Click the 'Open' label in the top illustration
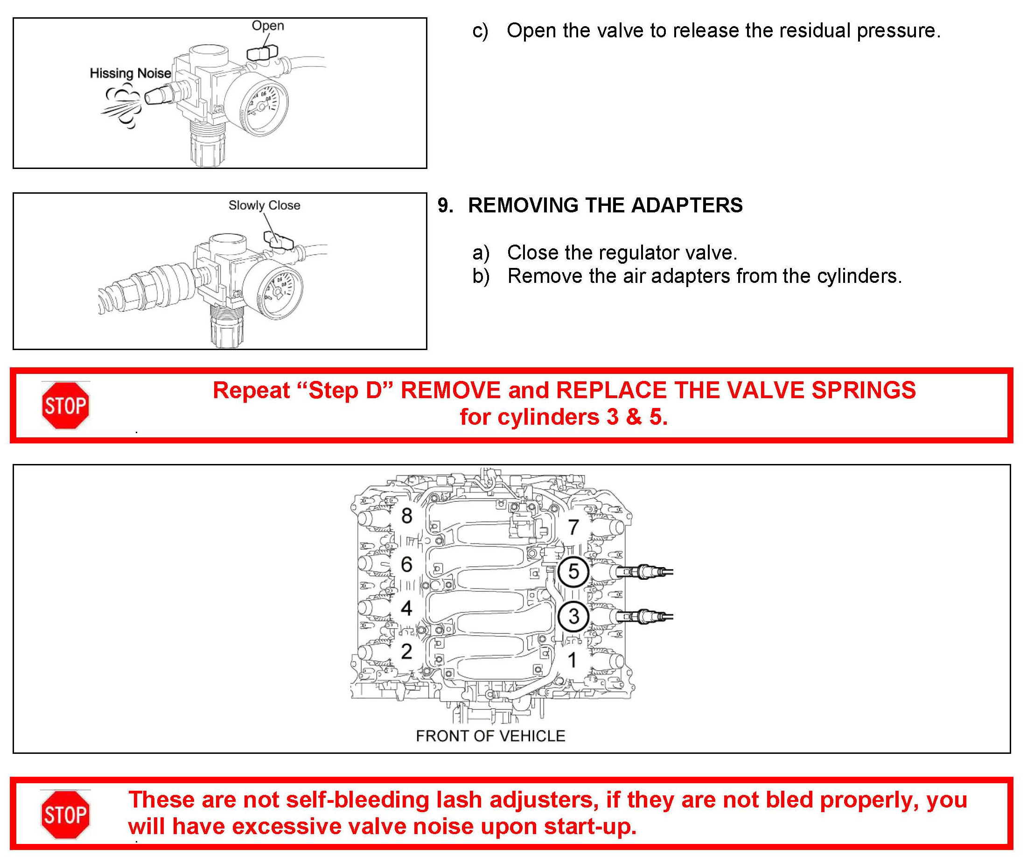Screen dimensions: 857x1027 pos(267,25)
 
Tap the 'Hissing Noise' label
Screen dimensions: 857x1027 pos(130,73)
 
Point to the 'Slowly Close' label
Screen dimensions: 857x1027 pos(264,205)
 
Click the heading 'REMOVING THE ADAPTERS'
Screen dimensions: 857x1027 pos(605,205)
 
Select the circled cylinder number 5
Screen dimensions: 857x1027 pos(573,571)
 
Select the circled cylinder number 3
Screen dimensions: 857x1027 pos(573,616)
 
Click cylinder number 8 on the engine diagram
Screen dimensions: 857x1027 pos(406,516)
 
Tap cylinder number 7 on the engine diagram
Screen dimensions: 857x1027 pos(573,527)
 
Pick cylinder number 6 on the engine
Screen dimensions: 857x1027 pos(406,564)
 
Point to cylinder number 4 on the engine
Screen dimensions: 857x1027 pos(406,608)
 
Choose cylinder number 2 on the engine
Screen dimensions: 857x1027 pos(406,651)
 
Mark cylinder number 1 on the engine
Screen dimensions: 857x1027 pos(572,660)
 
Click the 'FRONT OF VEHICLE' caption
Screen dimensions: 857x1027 pos(490,736)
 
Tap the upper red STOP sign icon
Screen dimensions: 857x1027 pos(65,406)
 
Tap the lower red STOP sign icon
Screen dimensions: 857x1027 pos(65,815)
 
